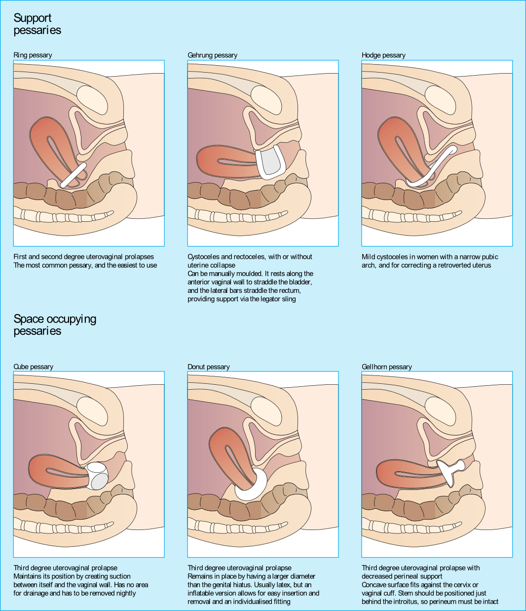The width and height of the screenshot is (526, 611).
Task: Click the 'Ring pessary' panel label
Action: click(33, 55)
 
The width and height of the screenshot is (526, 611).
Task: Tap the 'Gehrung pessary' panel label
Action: click(212, 55)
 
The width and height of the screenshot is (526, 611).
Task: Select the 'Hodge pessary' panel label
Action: click(383, 55)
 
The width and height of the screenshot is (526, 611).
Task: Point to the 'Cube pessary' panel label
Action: click(33, 367)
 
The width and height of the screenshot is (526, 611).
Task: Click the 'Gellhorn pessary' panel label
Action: click(386, 367)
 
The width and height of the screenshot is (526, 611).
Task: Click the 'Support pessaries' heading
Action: click(37, 24)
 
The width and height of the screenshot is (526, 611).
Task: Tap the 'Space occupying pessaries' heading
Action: click(54, 325)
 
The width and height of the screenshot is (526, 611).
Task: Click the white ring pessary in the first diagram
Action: click(74, 175)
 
